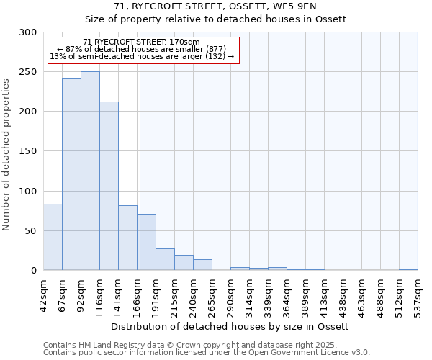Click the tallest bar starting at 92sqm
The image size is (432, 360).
(90, 171)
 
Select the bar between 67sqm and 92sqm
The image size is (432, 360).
(71, 174)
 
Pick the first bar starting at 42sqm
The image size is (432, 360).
(53, 237)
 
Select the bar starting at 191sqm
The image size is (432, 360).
(165, 259)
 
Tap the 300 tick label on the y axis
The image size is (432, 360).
(27, 32)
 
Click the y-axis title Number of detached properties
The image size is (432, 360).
(7, 151)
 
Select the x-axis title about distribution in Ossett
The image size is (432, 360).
(230, 326)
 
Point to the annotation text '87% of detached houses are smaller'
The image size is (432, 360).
(142, 49)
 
